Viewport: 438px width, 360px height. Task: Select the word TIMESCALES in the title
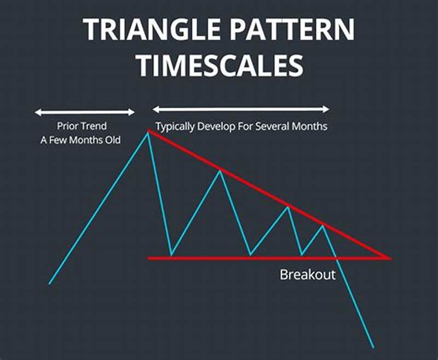219,64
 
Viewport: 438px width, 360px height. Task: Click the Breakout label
307,275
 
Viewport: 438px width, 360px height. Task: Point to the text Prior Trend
82,126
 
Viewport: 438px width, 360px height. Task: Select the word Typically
175,126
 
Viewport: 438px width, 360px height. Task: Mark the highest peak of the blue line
148,131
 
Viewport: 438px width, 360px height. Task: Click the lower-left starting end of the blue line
49,283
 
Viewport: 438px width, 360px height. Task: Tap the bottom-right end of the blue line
373,347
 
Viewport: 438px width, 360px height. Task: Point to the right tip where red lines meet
390,258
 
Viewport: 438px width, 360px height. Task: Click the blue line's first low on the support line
171,256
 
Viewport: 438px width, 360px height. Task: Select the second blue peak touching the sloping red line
220,171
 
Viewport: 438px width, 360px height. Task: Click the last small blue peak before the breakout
324,225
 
